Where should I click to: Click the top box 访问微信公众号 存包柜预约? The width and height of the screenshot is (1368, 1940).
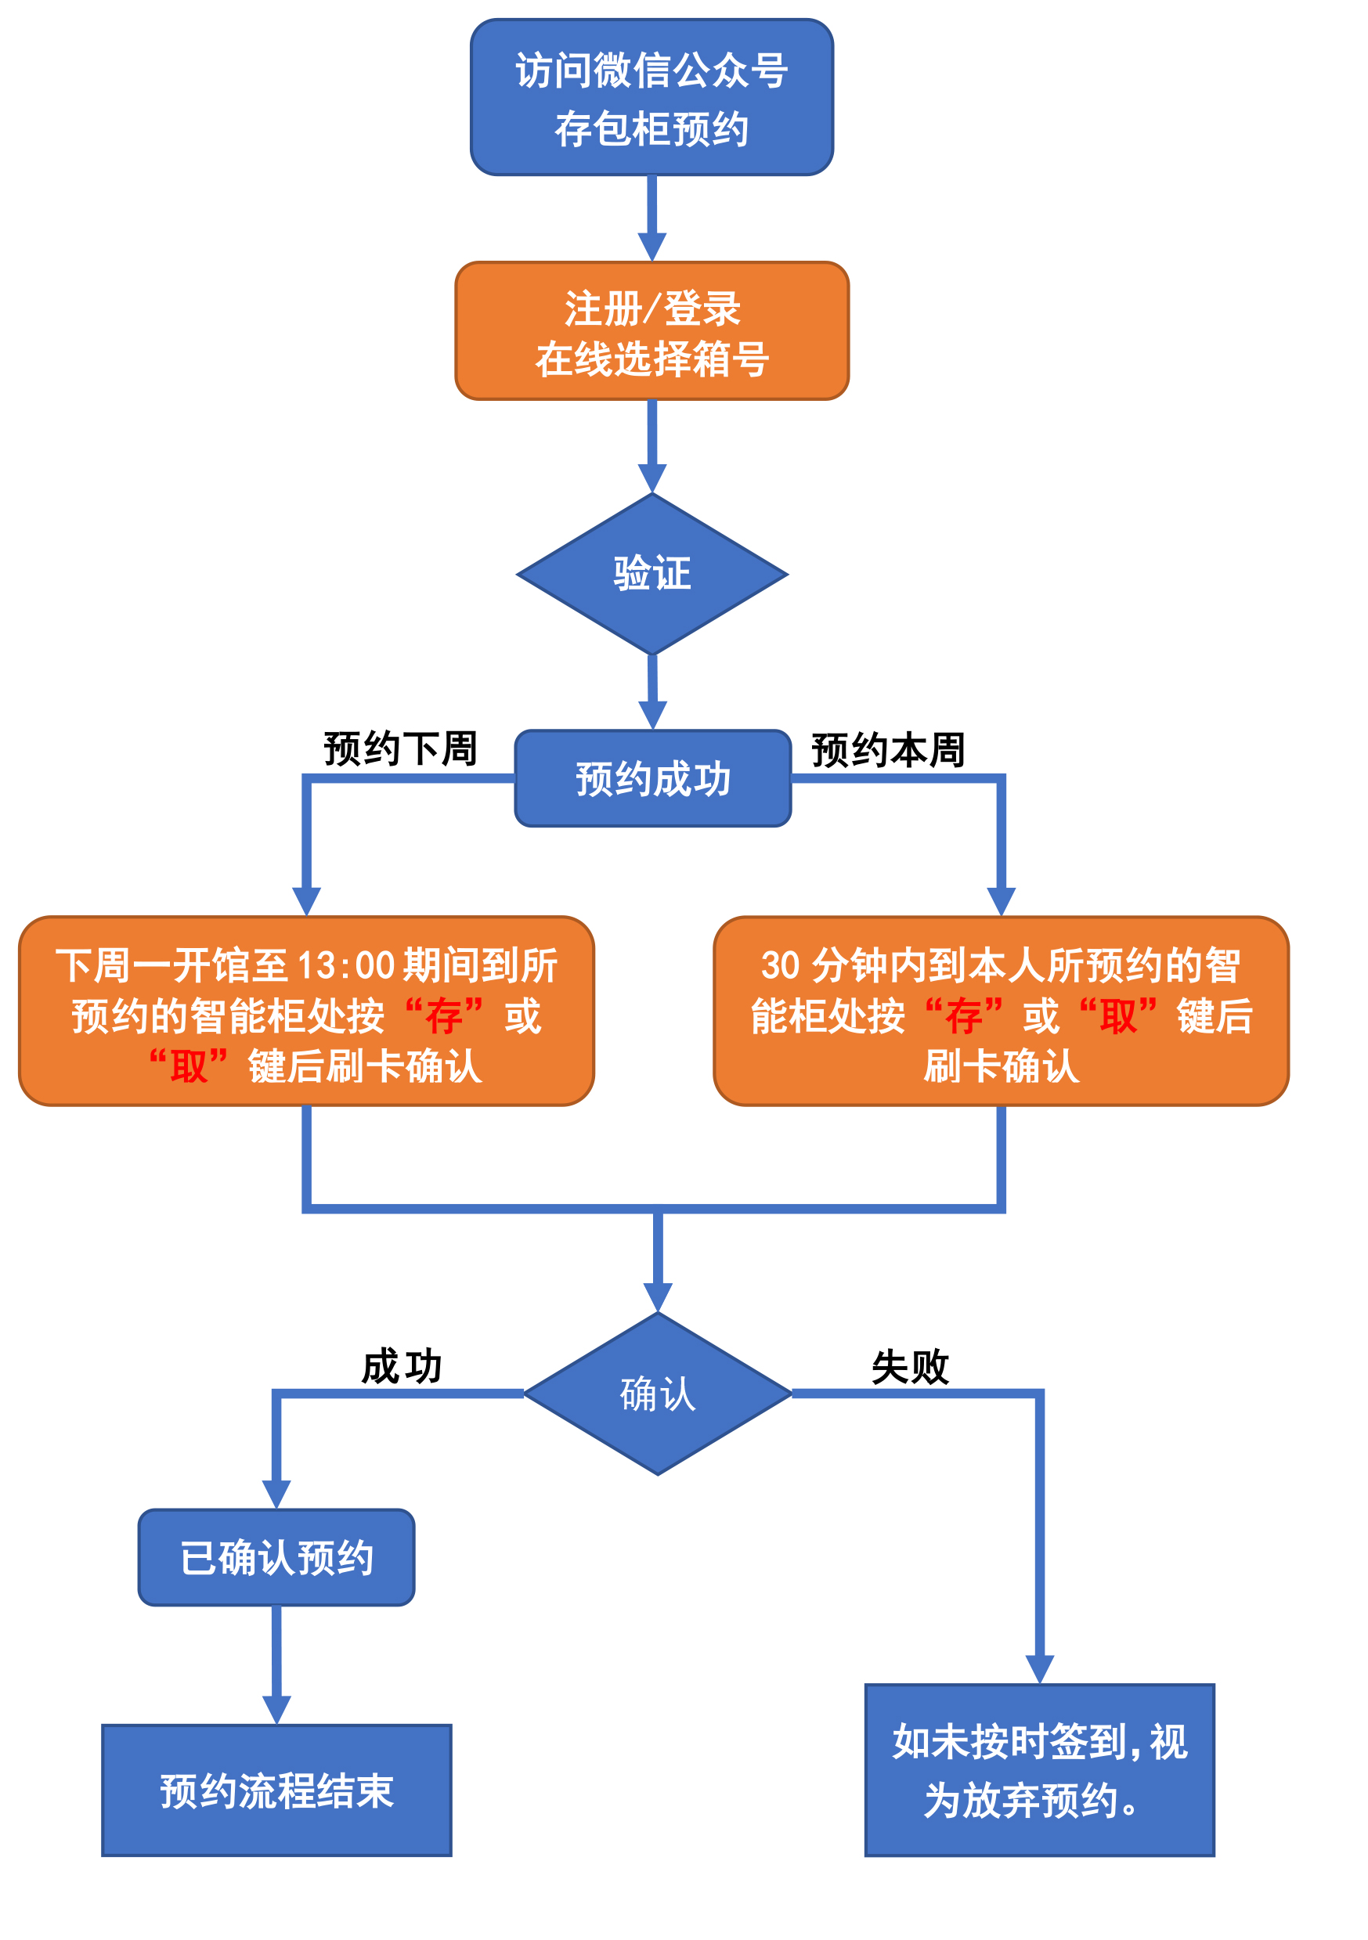pyautogui.click(x=652, y=97)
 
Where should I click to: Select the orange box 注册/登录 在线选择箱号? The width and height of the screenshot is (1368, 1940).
pyautogui.click(x=652, y=330)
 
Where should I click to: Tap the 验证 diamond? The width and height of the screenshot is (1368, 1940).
pyautogui.click(x=652, y=574)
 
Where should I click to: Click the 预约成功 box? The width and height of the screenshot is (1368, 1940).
pyautogui.click(x=652, y=778)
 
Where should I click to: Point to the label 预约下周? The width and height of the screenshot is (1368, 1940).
pyautogui.click(x=400, y=748)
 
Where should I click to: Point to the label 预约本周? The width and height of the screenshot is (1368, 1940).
pyautogui.click(x=887, y=750)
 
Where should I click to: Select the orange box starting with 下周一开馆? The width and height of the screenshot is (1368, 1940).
pyautogui.click(x=306, y=1011)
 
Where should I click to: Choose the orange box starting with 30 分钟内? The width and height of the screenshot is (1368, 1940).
pyautogui.click(x=1001, y=1011)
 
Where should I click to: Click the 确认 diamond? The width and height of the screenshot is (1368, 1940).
pyautogui.click(x=658, y=1394)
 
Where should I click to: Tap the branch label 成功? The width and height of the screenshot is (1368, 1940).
pyautogui.click(x=402, y=1366)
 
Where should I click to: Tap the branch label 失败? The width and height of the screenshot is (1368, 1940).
pyautogui.click(x=909, y=1366)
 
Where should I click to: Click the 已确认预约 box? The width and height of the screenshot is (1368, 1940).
pyautogui.click(x=276, y=1557)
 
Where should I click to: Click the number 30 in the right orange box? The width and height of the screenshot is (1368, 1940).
pyautogui.click(x=780, y=966)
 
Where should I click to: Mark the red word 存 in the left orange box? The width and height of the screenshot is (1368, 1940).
pyautogui.click(x=444, y=1016)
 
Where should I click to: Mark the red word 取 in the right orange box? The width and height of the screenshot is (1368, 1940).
pyautogui.click(x=1118, y=1016)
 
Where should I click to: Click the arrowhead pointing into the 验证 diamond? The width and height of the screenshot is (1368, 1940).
pyautogui.click(x=652, y=478)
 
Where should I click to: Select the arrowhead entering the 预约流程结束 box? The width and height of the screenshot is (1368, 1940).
pyautogui.click(x=276, y=1709)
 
